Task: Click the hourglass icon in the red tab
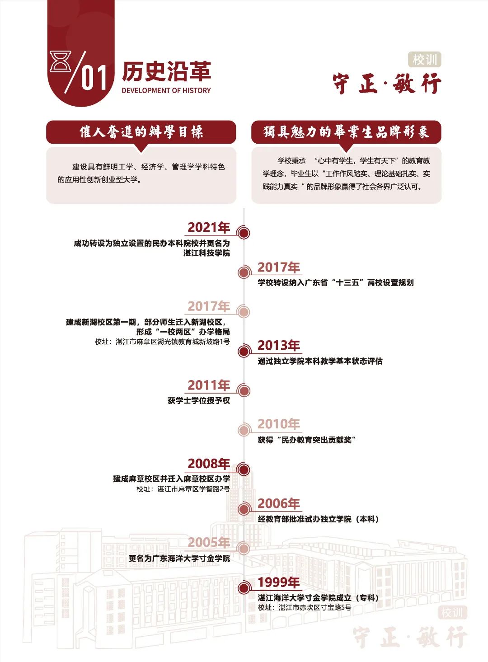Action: click(x=61, y=61)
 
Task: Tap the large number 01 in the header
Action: click(x=94, y=77)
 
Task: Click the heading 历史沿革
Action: click(x=166, y=71)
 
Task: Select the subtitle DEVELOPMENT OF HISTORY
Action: click(x=166, y=90)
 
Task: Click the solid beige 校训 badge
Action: click(x=424, y=60)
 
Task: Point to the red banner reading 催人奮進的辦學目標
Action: click(x=141, y=132)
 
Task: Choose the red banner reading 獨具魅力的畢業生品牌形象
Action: click(x=346, y=132)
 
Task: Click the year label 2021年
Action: click(x=209, y=227)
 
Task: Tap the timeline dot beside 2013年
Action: click(x=244, y=351)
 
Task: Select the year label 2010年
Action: click(x=279, y=424)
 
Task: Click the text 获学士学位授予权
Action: click(x=199, y=400)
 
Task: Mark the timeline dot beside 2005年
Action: click(x=244, y=549)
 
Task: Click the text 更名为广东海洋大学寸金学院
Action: click(x=179, y=558)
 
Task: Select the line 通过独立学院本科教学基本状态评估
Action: click(x=320, y=361)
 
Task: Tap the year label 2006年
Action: click(x=279, y=503)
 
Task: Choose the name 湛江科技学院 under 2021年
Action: click(x=206, y=253)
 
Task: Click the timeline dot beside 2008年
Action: click(x=244, y=470)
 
